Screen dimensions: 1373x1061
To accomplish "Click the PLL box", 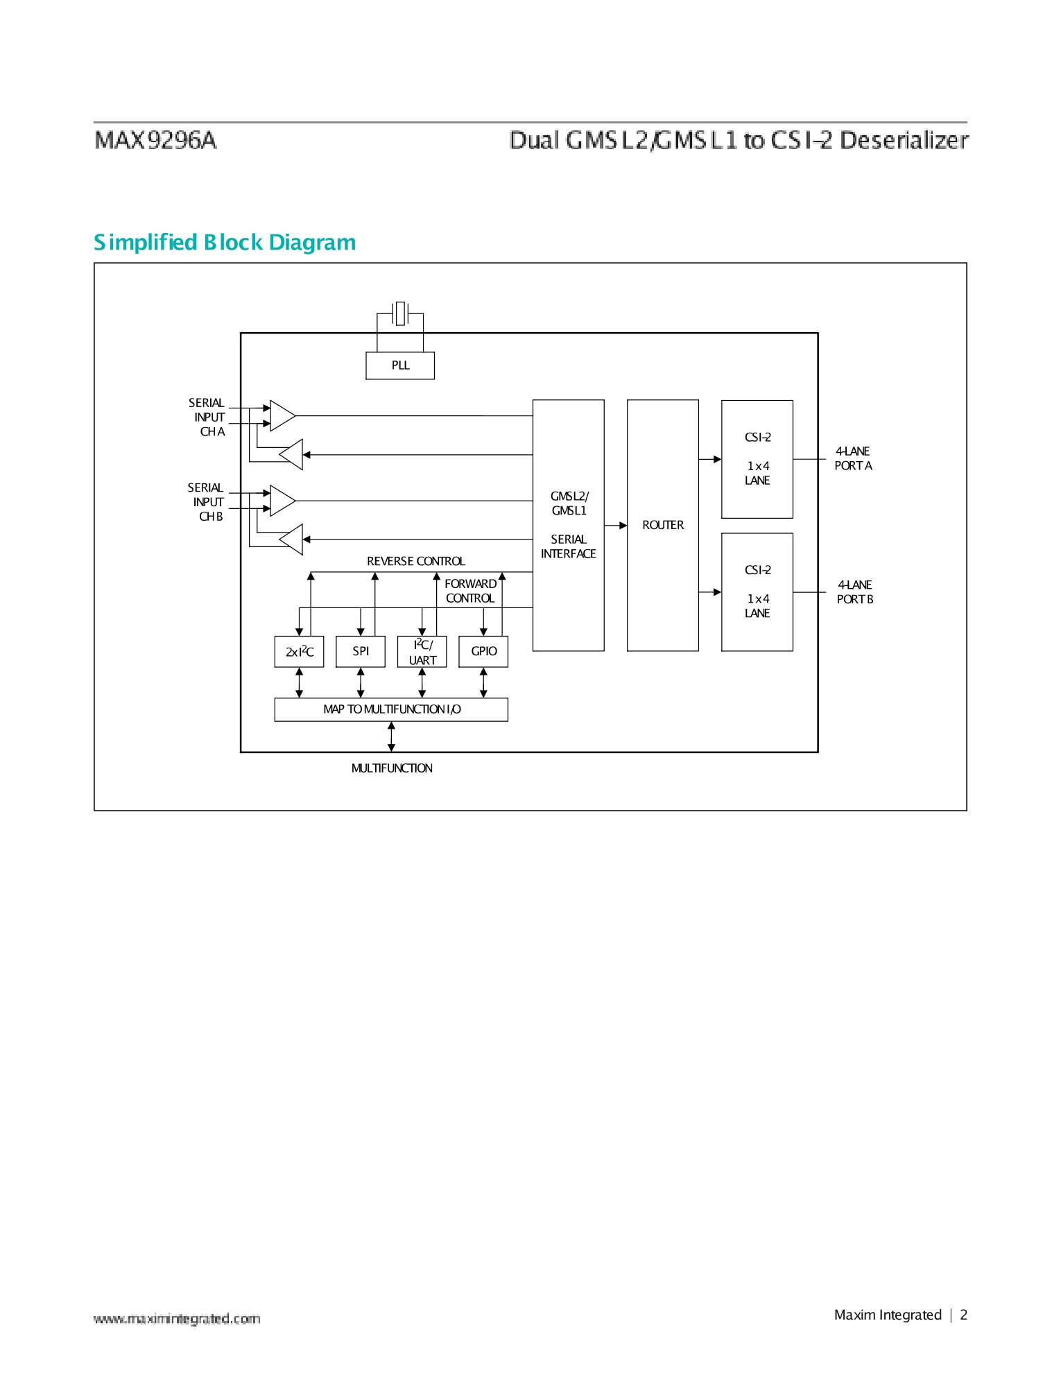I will point(400,365).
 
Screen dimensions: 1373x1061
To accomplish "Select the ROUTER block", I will point(662,525).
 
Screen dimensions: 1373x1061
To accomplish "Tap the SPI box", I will point(361,651).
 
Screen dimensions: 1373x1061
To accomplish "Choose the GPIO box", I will point(483,651).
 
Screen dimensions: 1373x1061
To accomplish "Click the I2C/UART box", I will point(422,652).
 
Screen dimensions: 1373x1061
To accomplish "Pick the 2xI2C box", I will point(299,652).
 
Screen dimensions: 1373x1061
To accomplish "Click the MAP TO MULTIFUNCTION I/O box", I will point(391,709).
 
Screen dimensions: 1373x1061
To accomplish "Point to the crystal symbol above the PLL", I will point(400,313).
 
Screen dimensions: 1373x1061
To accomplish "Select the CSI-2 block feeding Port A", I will point(757,458).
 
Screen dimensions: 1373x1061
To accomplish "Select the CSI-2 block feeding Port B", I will point(757,591).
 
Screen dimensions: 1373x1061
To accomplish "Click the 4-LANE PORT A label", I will point(853,458).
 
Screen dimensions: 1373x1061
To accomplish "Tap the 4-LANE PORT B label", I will point(854,592).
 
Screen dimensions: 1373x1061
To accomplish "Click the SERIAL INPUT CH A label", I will point(207,417).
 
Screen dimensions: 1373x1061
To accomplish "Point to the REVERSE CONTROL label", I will point(415,561).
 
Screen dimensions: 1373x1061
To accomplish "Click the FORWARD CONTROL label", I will point(470,591).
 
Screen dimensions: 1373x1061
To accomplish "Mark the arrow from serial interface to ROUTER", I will point(616,526).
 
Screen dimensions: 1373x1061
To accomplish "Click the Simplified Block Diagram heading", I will point(225,242).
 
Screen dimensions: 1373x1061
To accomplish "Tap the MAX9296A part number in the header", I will point(156,140).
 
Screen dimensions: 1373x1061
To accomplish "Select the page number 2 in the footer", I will point(963,1315).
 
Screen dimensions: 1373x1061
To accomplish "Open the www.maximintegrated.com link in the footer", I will point(177,1318).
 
